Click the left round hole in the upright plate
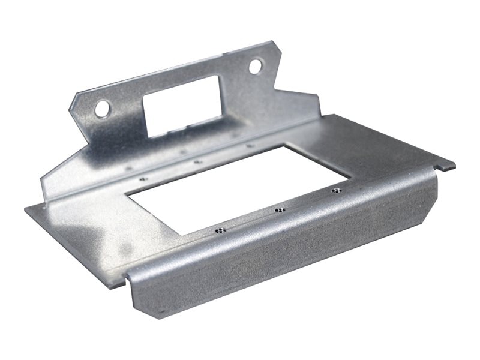(x=103, y=108)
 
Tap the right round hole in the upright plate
(x=256, y=65)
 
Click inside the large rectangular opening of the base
(x=240, y=186)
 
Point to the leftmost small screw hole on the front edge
(x=221, y=229)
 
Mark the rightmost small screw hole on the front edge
(x=337, y=191)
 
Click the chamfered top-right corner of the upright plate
(x=277, y=48)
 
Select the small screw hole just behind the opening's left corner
(x=143, y=178)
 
